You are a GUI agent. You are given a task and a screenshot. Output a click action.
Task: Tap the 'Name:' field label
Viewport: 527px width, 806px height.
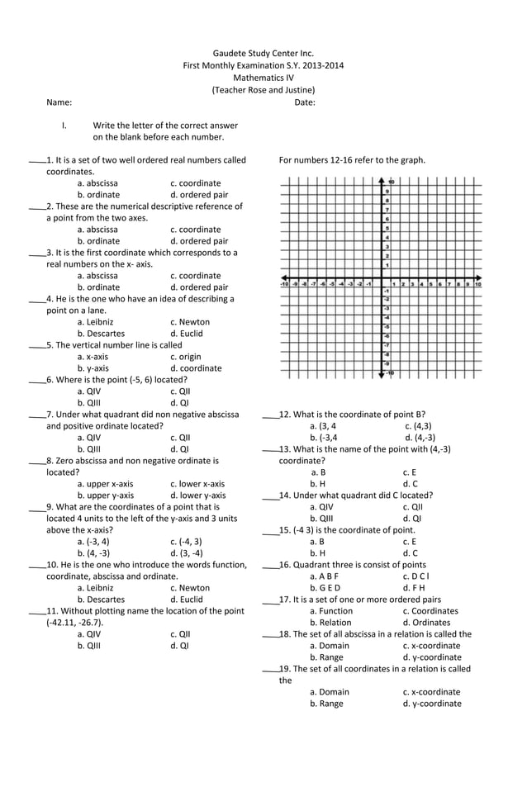point(59,102)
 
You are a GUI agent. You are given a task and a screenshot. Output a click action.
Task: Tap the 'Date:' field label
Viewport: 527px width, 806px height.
point(305,102)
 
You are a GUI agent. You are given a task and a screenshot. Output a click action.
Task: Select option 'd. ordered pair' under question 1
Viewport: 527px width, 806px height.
point(199,195)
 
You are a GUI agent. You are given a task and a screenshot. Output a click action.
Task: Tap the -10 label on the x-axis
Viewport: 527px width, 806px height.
point(285,283)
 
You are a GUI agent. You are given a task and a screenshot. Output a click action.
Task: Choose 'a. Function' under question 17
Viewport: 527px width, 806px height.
point(331,611)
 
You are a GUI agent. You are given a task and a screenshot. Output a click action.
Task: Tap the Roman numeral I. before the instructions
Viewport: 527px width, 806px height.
point(64,126)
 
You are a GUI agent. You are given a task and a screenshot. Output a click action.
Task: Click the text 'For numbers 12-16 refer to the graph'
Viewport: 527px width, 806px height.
point(352,160)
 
